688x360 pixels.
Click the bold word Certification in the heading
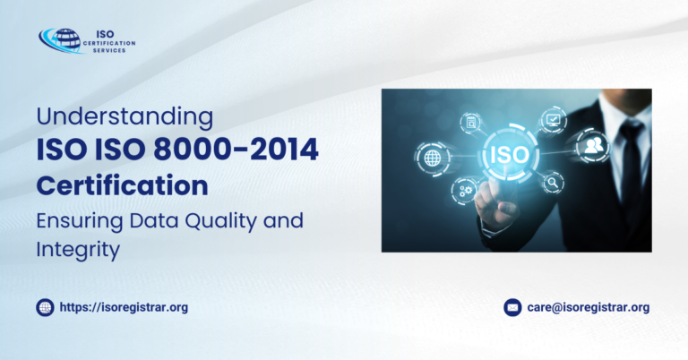pos(122,186)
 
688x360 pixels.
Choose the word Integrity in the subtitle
pos(78,250)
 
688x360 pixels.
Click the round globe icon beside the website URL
pos(45,307)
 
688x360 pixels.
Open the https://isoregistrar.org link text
pos(124,307)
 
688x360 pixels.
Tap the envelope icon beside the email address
pos(512,307)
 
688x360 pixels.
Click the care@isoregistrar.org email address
pos(588,307)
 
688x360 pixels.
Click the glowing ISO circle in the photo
pos(505,153)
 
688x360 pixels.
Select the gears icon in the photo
pos(465,190)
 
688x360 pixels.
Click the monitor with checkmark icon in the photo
pos(552,118)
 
